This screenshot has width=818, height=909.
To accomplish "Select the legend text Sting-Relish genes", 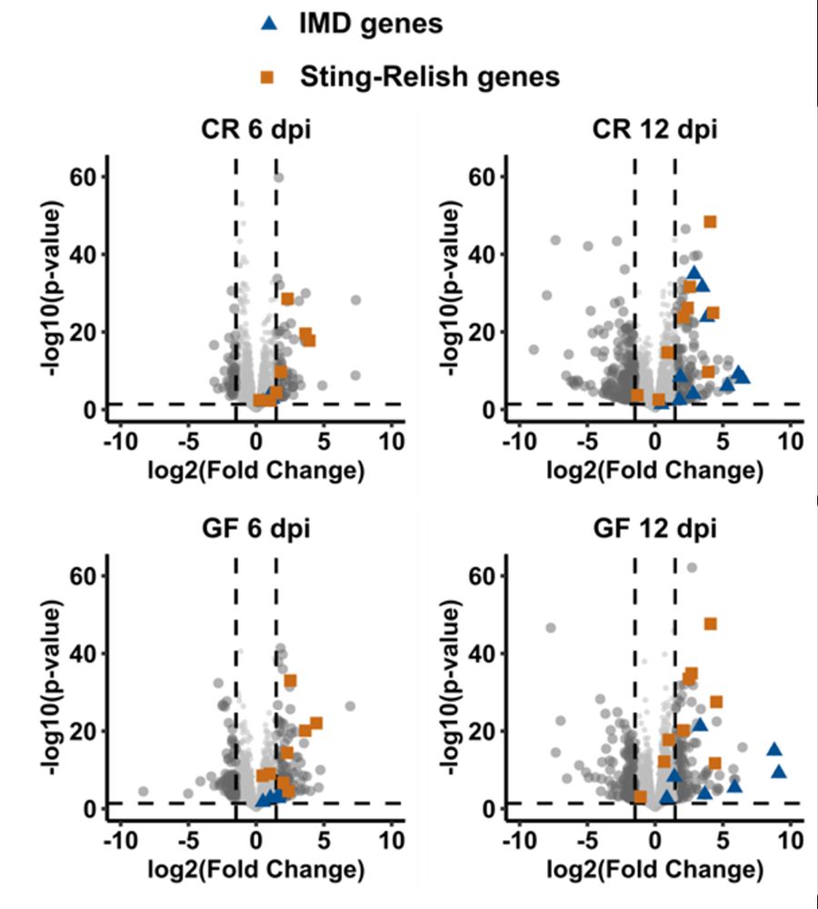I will (429, 76).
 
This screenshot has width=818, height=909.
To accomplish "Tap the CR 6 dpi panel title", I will (254, 128).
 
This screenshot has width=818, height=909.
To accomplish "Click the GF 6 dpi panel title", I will (254, 527).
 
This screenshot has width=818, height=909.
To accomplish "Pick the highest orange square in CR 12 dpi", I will (710, 222).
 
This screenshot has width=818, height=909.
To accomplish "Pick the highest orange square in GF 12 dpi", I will (710, 624).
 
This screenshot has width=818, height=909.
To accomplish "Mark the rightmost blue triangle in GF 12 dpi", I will (779, 772).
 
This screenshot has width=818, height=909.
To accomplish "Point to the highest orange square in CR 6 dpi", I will (287, 299).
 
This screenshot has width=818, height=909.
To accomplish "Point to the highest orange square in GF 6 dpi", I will (291, 680).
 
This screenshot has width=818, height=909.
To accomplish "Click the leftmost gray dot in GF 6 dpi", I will (143, 792).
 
